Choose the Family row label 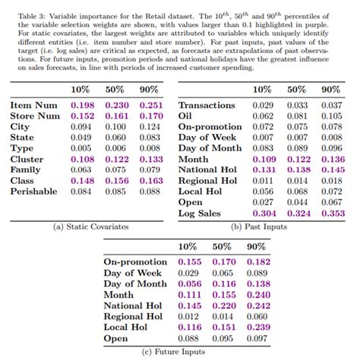coord(27,169)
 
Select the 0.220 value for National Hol coord(222,305)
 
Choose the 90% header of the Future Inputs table coord(256,247)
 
